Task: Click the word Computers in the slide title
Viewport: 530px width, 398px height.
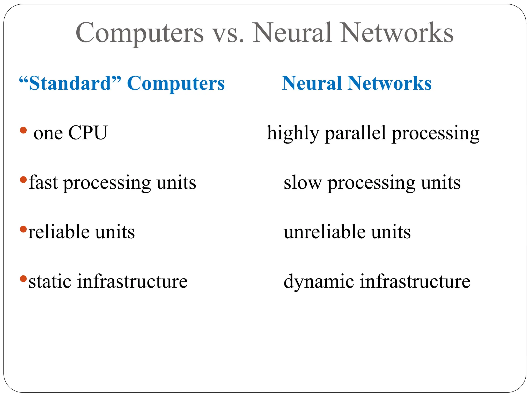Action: (x=140, y=33)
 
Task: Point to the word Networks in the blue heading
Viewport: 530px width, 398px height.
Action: (x=389, y=83)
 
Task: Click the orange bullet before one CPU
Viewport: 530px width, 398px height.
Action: (x=23, y=130)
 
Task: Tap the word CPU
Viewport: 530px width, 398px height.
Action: (x=88, y=133)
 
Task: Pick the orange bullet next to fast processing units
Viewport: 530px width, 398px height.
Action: (x=23, y=179)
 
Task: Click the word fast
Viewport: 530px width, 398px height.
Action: (x=43, y=182)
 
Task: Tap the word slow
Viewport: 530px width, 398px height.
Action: (x=302, y=183)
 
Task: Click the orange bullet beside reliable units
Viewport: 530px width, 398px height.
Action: (x=23, y=229)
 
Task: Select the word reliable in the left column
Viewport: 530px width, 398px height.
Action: (x=59, y=231)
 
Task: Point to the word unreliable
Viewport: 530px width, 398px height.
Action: (x=325, y=231)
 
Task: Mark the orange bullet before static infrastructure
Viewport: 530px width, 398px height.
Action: (x=23, y=279)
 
